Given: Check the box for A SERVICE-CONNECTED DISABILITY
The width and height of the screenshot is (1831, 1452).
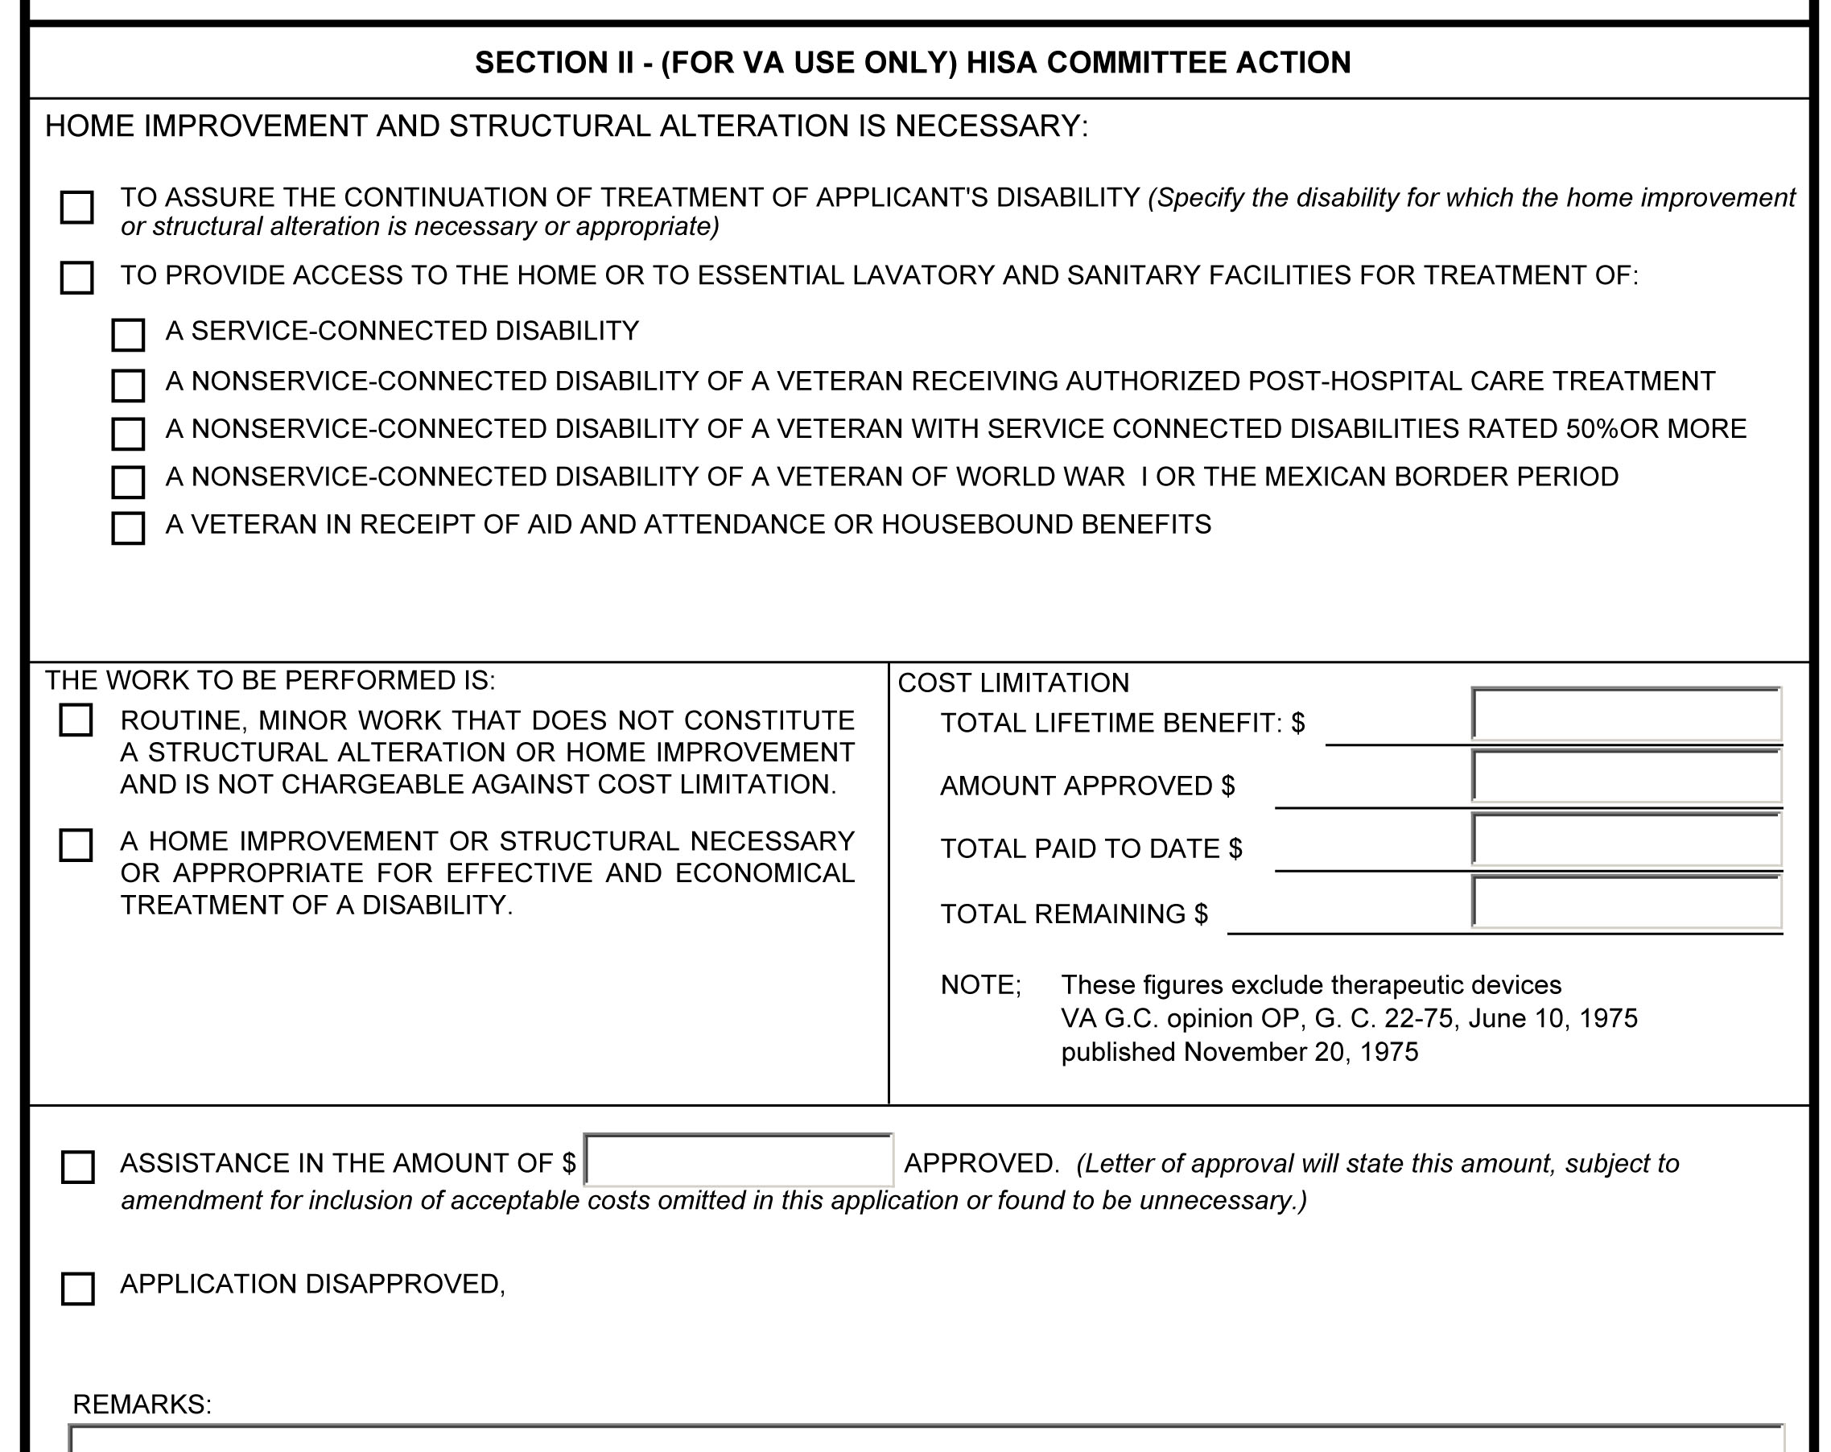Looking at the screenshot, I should pos(128,336).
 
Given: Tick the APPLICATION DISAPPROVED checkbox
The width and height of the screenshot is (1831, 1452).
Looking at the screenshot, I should pos(78,1288).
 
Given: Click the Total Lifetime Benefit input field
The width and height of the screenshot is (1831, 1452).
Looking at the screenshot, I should pos(1627,714).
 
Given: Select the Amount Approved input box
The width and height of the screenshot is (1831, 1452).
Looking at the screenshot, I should pos(1627,776).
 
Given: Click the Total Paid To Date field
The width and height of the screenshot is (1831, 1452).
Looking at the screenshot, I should pos(1627,839).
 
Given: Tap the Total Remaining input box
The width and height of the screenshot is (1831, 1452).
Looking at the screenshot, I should pos(1627,901).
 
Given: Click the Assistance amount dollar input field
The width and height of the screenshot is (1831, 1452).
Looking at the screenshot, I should pos(739,1160).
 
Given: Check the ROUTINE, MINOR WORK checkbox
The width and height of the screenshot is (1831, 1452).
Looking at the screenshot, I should pos(76,720).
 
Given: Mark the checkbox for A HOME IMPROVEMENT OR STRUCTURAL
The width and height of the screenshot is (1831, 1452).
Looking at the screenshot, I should pos(76,845).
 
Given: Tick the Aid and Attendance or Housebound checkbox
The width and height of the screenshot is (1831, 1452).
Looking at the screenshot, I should pos(128,528).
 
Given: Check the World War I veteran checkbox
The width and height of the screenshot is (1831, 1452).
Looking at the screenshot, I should pos(128,481).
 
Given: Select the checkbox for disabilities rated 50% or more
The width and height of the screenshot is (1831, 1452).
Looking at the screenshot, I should pos(128,434).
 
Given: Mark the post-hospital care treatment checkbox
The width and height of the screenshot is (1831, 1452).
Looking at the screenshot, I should pos(128,386).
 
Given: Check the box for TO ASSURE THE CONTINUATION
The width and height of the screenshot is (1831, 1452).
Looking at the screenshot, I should pos(77,207).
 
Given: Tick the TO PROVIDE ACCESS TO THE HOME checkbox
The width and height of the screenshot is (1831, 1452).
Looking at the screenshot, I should pos(77,278).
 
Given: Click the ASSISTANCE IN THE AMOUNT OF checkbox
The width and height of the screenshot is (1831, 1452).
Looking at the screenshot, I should pos(78,1168).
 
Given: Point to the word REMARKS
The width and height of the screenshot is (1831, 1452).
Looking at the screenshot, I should pos(142,1405).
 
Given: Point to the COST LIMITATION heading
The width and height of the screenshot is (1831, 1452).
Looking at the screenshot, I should pos(1013,683).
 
